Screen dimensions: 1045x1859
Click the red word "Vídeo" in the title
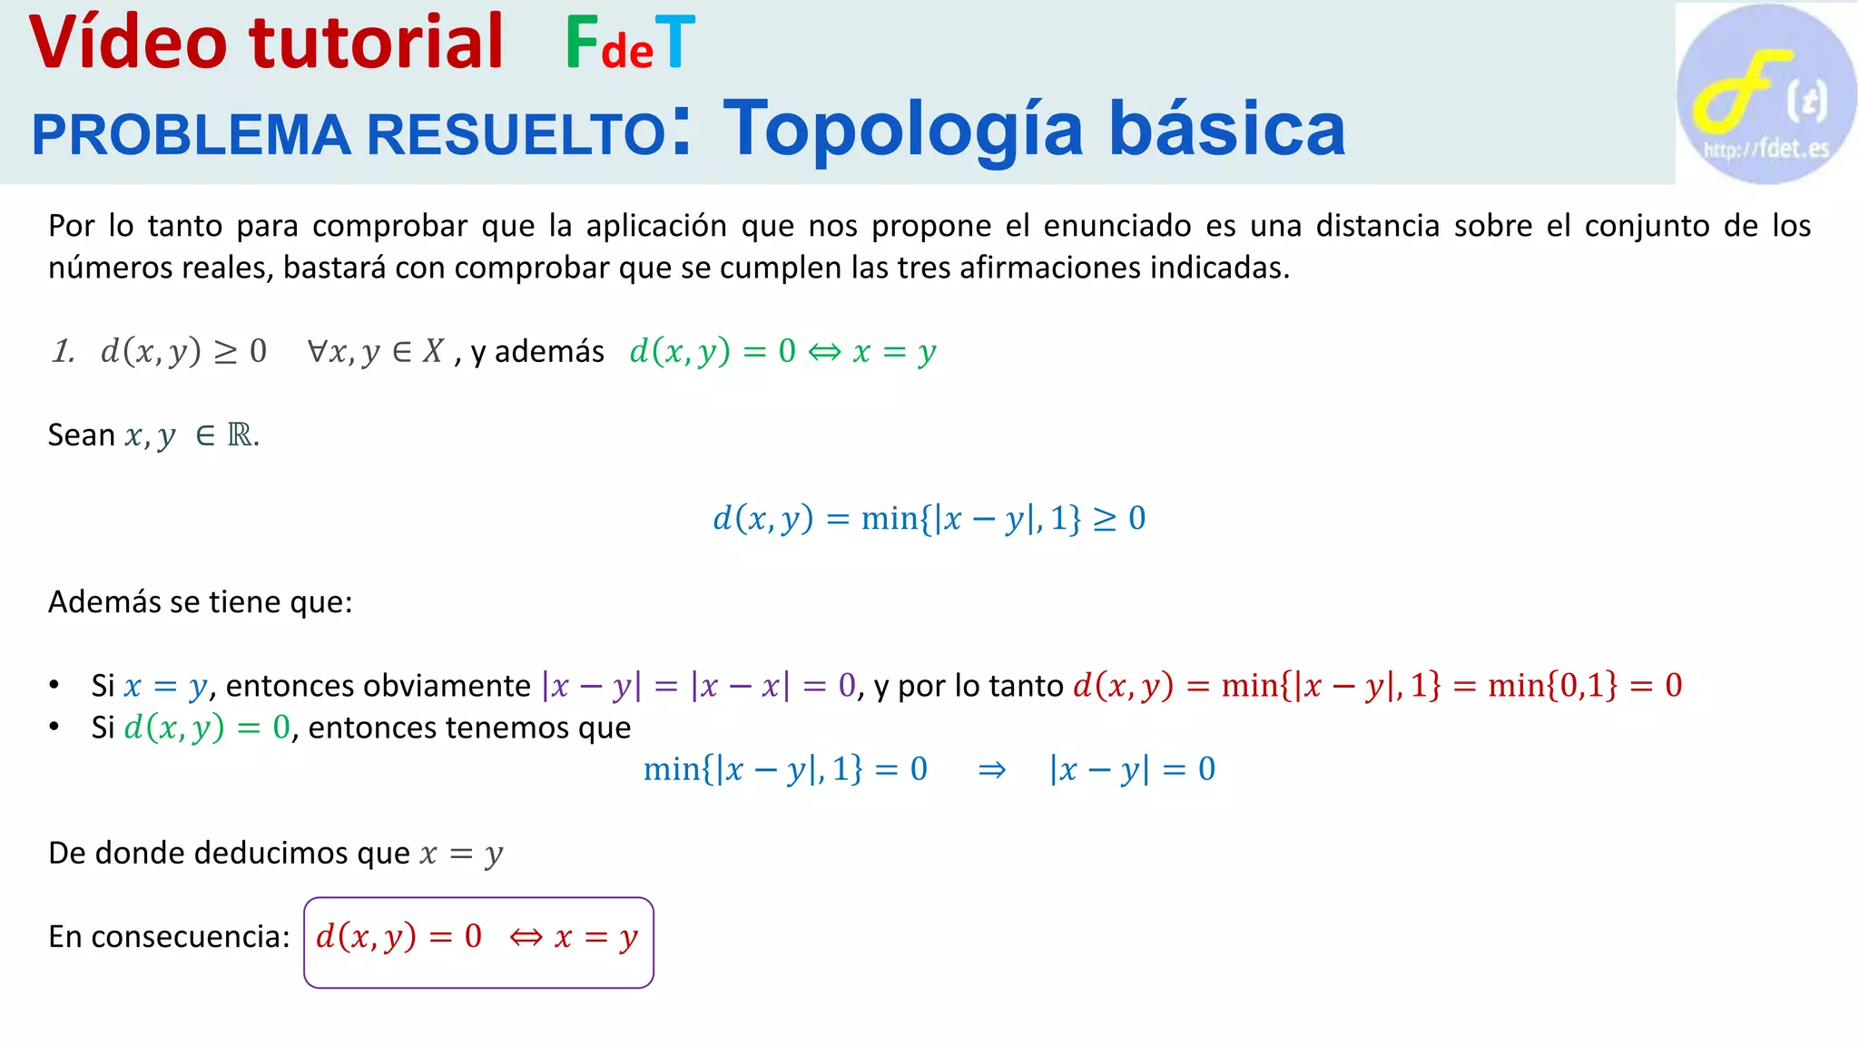pyautogui.click(x=128, y=43)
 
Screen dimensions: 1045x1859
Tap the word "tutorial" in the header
pyautogui.click(x=376, y=43)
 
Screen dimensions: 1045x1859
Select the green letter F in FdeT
pyautogui.click(x=581, y=43)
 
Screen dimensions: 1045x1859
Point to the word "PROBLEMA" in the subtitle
pyautogui.click(x=191, y=135)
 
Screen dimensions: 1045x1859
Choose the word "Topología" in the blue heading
pyautogui.click(x=903, y=129)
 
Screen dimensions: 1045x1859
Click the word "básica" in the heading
pyautogui.click(x=1226, y=129)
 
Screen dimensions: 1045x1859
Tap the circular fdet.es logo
pyautogui.click(x=1766, y=93)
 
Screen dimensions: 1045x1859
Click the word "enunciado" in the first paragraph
pyautogui.click(x=1117, y=226)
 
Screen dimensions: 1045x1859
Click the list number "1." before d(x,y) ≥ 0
pyautogui.click(x=64, y=351)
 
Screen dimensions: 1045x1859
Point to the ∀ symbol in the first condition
pyautogui.click(x=318, y=350)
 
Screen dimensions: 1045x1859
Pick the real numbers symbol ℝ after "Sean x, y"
pyautogui.click(x=241, y=435)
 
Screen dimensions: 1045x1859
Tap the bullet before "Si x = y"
pyautogui.click(x=54, y=685)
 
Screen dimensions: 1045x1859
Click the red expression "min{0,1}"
pyautogui.click(x=1552, y=686)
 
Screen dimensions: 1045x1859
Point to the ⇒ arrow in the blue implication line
pyautogui.click(x=991, y=770)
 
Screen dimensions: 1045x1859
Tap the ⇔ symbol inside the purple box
pyautogui.click(x=526, y=937)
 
